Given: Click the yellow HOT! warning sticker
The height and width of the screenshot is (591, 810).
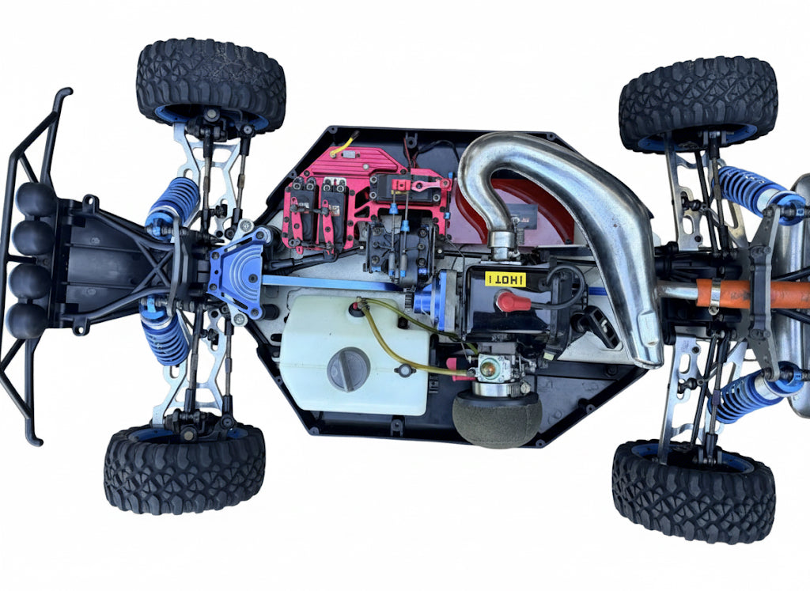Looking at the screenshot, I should [x=505, y=278].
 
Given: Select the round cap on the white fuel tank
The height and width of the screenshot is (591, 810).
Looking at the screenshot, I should [x=348, y=369].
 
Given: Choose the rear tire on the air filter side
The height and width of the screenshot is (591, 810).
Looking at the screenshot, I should [x=693, y=491].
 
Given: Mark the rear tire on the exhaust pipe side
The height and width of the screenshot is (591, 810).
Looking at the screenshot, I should [x=698, y=103].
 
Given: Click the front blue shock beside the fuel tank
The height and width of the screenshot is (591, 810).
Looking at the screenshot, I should [x=165, y=334].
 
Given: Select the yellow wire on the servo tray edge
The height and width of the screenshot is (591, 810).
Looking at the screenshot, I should [x=343, y=146].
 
